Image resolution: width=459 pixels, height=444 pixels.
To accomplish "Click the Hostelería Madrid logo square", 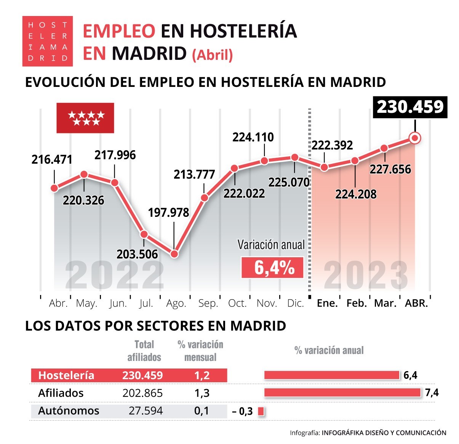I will (47, 41).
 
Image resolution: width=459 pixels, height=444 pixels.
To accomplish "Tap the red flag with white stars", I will (85, 118).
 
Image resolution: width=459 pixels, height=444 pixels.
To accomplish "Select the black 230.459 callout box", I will (410, 107).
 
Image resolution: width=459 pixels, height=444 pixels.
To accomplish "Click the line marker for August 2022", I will (174, 254).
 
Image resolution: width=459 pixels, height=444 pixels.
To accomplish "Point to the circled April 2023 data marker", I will (415, 138).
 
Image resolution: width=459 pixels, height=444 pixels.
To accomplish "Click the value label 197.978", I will (168, 212).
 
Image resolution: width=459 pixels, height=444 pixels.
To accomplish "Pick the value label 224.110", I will (253, 137).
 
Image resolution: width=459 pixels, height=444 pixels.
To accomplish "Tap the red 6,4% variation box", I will (273, 268).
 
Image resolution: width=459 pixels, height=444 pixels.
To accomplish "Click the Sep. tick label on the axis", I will (208, 304).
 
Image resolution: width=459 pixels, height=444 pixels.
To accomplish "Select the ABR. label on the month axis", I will (416, 304).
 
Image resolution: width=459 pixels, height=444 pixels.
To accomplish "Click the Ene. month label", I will (327, 304).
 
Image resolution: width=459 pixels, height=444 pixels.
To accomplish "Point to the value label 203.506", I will (137, 254).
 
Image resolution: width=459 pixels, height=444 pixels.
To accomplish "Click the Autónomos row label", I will (69, 411).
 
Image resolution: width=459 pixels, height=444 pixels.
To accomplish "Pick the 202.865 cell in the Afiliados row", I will (142, 393).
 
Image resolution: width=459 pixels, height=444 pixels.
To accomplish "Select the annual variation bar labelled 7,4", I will (342, 393).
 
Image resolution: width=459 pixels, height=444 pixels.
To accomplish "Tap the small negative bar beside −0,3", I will (261, 412).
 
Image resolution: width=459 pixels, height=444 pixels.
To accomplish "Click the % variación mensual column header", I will (200, 351).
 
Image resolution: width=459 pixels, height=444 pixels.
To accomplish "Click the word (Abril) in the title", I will (212, 55).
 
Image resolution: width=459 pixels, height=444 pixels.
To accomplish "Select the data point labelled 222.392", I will (324, 167).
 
